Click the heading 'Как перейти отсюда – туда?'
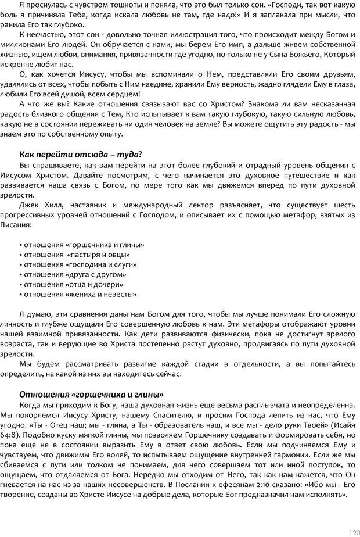pos(81,154)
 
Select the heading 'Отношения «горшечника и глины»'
pos(91,394)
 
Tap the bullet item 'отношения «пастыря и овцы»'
pos(75,255)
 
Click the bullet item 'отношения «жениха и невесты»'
pos(79,294)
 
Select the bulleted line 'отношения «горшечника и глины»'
pos(82,245)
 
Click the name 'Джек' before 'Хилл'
pos(29,205)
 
